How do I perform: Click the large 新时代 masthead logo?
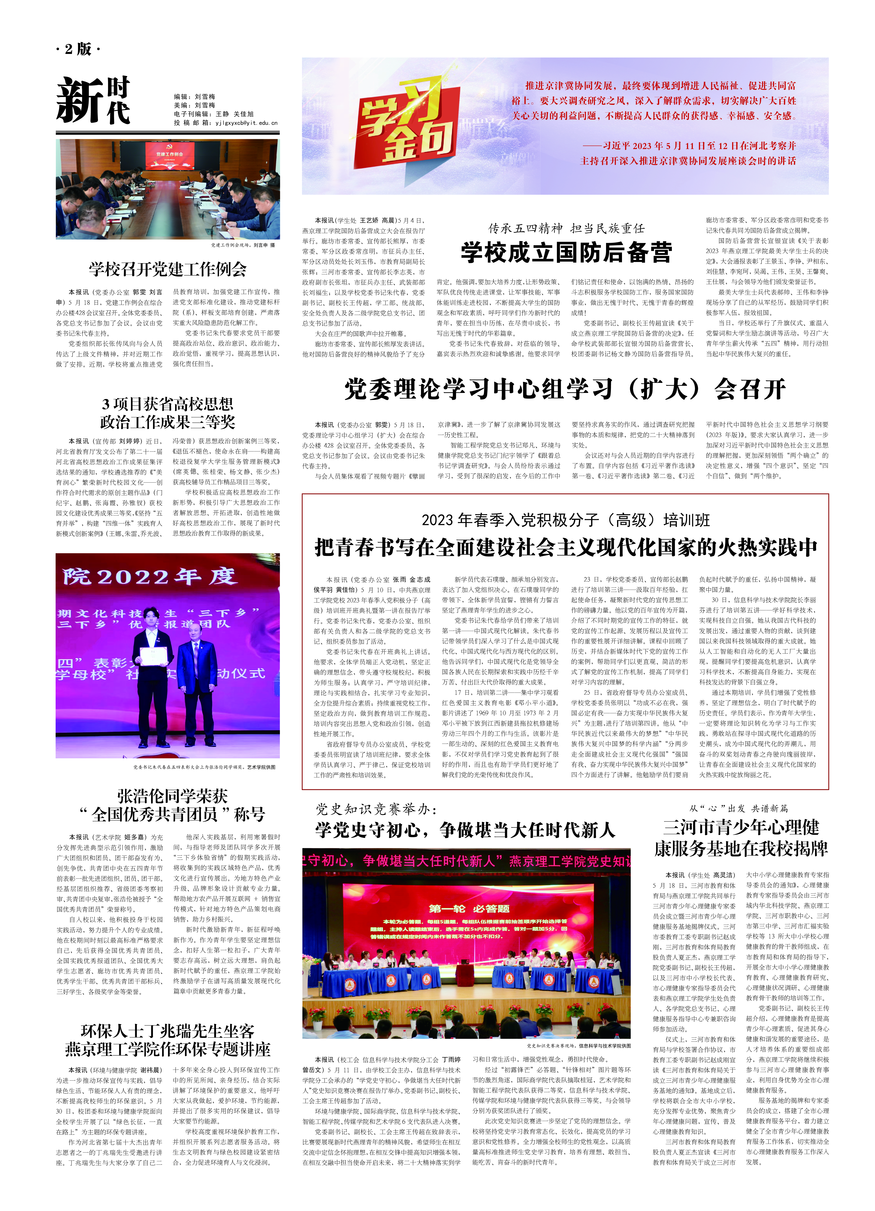(93, 100)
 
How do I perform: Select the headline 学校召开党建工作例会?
(168, 269)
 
